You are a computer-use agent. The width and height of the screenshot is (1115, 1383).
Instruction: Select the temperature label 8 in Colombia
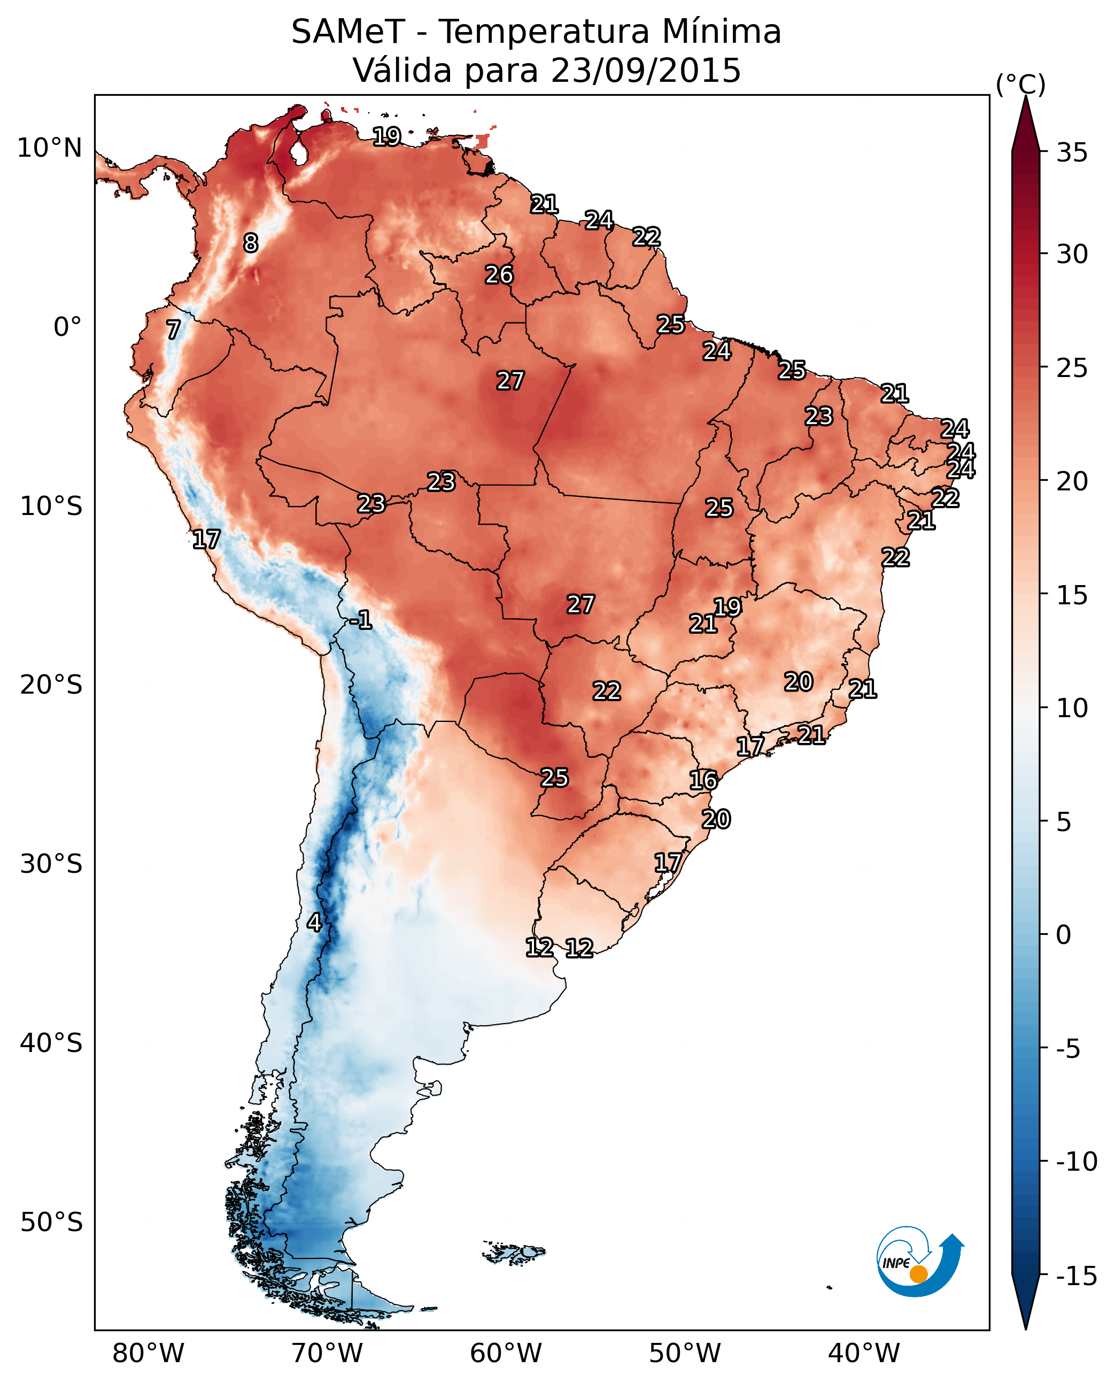[251, 243]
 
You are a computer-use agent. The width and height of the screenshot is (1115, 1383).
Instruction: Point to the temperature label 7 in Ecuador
[173, 329]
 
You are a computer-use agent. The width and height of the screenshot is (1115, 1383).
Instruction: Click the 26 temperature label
[499, 275]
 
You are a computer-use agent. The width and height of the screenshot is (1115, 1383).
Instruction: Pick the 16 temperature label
[703, 780]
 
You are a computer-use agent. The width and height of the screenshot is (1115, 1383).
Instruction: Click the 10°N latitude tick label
[50, 149]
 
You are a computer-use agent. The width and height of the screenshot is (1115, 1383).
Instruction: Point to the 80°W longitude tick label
[149, 1353]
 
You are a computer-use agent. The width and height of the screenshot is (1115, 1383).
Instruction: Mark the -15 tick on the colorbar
[1077, 1276]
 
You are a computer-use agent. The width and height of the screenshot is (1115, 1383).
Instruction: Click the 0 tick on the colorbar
[1064, 934]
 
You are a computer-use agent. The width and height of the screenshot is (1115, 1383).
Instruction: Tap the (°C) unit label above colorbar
[1020, 84]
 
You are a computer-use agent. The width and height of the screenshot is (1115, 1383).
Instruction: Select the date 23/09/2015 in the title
[646, 71]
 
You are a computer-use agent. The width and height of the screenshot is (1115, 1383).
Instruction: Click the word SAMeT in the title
[348, 32]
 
